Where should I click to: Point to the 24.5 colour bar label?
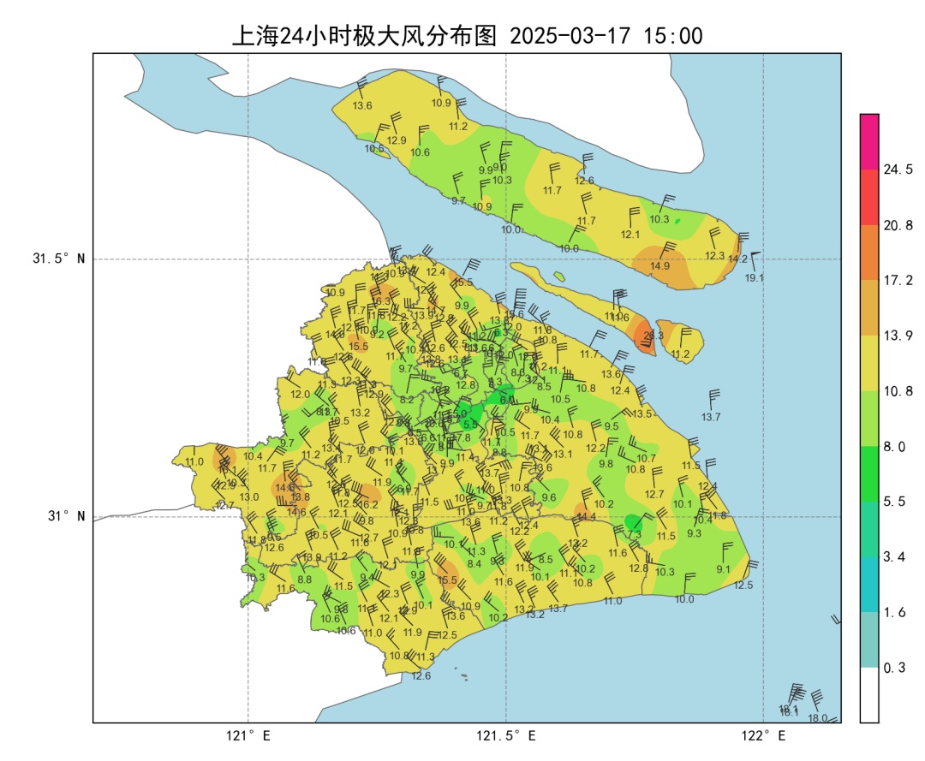[x=898, y=170]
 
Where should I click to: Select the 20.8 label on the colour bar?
[x=898, y=225]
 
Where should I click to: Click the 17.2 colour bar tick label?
[x=898, y=281]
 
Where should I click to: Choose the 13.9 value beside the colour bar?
[x=898, y=336]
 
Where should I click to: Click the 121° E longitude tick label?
[x=248, y=736]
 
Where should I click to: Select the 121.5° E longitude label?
[x=506, y=736]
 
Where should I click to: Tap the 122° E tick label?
[x=764, y=736]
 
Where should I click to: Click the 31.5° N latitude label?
[x=58, y=259]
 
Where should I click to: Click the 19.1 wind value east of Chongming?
[x=754, y=278]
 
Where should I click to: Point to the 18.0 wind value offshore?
[x=818, y=718]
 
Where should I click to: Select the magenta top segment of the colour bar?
[x=869, y=141]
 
